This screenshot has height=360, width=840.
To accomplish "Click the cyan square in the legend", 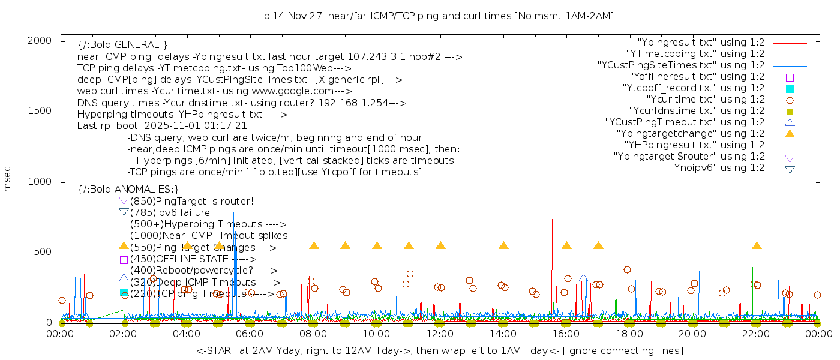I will point(790,89).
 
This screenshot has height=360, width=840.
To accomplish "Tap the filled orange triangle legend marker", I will point(790,134).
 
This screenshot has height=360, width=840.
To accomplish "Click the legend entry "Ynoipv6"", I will point(717,168).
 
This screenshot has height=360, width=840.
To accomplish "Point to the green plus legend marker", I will point(790,145).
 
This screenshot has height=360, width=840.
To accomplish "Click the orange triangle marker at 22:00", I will point(757,245).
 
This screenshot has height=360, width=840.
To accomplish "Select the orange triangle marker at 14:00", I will point(503,245).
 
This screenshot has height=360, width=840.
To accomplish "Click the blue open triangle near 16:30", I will point(583,278).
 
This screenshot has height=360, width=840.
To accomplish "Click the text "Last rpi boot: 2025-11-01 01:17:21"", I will point(162,126).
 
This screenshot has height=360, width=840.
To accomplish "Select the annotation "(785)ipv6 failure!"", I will point(172,212).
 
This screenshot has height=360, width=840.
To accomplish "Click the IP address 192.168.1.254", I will point(346,103).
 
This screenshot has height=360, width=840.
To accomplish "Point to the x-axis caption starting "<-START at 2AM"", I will point(439,350).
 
